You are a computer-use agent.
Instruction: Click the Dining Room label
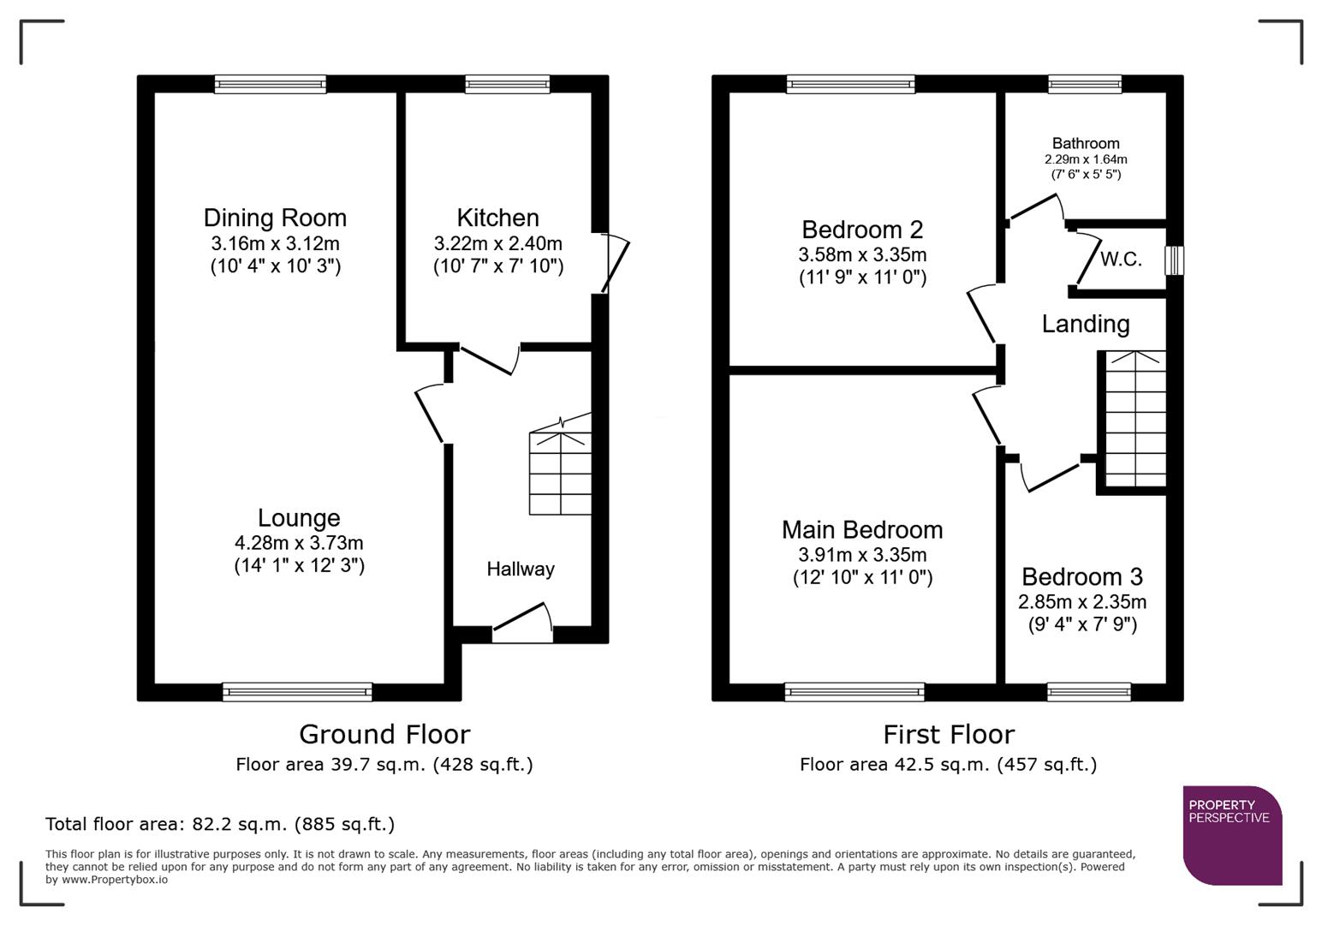[275, 218]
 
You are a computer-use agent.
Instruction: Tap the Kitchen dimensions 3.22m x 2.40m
[497, 243]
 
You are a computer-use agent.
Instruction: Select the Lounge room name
[299, 517]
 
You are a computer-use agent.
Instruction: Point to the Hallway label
[521, 569]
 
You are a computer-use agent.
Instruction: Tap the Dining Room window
[270, 84]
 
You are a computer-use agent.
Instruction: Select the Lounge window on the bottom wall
[297, 692]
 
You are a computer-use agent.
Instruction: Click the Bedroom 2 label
[862, 230]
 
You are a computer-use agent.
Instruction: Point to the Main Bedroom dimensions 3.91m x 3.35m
[862, 554]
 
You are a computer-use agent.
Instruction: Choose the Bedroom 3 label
[1081, 576]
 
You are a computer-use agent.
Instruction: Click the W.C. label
[1121, 259]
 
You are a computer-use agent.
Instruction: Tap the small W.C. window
[1175, 260]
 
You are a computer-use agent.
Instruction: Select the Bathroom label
[1086, 143]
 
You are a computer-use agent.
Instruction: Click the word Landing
[1086, 324]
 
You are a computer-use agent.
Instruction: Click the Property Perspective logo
[1232, 835]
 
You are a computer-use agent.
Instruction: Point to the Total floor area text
[220, 824]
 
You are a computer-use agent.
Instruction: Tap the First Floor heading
[949, 734]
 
